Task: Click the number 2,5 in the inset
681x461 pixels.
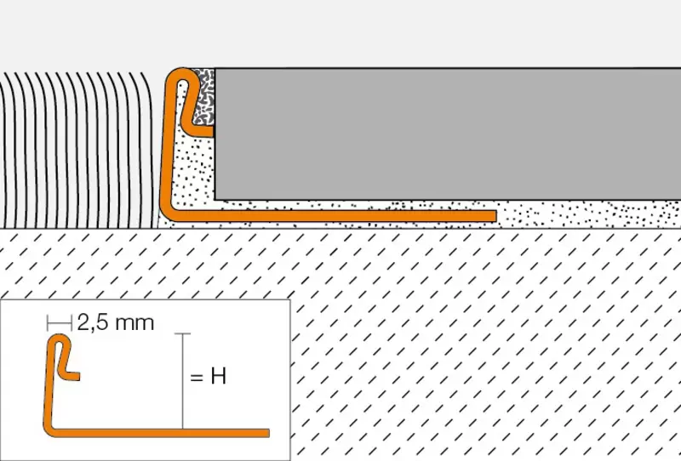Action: coord(90,323)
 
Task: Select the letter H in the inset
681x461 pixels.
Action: coord(219,376)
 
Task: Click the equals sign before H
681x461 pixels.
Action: coord(197,377)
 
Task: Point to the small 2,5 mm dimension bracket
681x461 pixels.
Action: coord(60,323)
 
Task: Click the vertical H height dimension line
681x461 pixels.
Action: coord(183,381)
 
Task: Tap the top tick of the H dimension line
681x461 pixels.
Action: coord(183,333)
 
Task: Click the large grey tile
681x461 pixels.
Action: coord(448,134)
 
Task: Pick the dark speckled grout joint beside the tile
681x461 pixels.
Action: coord(203,99)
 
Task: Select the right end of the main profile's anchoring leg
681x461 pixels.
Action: coord(495,216)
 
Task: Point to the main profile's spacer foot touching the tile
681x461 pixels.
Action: coord(201,132)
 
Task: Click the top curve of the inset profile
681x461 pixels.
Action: coord(60,339)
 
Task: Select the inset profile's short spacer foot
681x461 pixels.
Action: coord(72,376)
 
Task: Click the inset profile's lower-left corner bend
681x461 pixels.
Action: coord(49,430)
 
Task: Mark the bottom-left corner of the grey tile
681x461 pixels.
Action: coord(215,200)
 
